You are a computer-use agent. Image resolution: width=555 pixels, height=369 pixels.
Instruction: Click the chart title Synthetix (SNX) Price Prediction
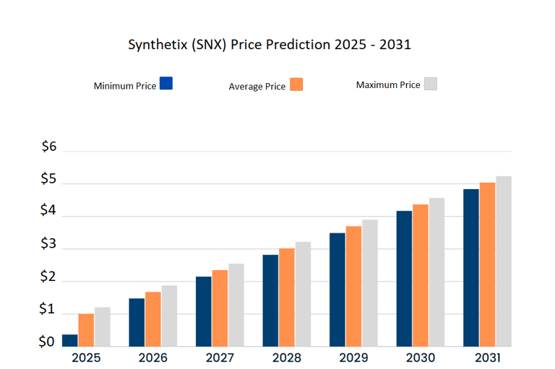pyautogui.click(x=270, y=44)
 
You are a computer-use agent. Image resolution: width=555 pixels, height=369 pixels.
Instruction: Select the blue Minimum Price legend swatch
pyautogui.click(x=166, y=83)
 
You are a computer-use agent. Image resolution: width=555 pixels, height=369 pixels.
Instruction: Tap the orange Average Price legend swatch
pyautogui.click(x=296, y=84)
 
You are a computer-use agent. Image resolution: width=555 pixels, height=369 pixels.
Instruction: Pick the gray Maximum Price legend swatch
pyautogui.click(x=431, y=83)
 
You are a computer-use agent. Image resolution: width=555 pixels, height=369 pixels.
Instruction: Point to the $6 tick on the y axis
pyautogui.click(x=49, y=147)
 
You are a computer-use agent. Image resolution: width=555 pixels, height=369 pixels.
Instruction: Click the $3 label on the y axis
pyautogui.click(x=49, y=244)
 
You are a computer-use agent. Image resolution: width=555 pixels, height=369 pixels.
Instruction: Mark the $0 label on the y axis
pyautogui.click(x=48, y=342)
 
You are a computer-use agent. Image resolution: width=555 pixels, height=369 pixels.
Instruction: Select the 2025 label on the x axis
pyautogui.click(x=86, y=357)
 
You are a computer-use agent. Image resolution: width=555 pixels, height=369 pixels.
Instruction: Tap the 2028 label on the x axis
pyautogui.click(x=287, y=357)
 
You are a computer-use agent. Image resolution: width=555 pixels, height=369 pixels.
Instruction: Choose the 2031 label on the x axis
pyautogui.click(x=488, y=357)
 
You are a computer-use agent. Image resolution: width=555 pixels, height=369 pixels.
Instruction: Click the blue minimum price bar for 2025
pyautogui.click(x=70, y=340)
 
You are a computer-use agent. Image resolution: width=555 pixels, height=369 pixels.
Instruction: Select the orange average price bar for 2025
pyautogui.click(x=86, y=330)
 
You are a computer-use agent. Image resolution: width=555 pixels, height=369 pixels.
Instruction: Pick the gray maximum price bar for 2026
pyautogui.click(x=169, y=316)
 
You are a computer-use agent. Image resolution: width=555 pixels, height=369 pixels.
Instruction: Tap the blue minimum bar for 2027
pyautogui.click(x=204, y=311)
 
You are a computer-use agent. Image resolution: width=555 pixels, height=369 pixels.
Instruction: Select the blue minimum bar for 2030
pyautogui.click(x=405, y=278)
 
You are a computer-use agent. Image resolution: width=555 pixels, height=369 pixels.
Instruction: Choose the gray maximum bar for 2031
pyautogui.click(x=504, y=261)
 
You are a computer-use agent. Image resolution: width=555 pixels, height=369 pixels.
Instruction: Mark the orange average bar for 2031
pyautogui.click(x=488, y=264)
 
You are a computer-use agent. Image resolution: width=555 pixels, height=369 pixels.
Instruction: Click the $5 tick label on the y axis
pyautogui.click(x=49, y=179)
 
